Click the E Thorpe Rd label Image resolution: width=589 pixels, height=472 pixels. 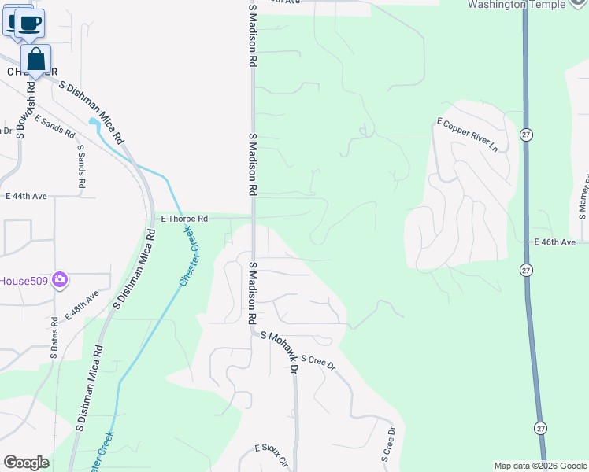coord(184,219)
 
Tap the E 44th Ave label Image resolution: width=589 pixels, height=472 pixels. coord(26,196)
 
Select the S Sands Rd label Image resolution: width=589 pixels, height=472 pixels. coord(80,165)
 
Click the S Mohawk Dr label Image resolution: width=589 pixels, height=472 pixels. coord(280,351)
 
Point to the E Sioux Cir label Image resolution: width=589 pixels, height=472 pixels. coord(272,453)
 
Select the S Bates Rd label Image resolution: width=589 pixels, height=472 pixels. coord(54,338)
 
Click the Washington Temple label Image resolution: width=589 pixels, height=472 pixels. coord(527,5)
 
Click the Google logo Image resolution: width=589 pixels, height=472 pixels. coord(26,463)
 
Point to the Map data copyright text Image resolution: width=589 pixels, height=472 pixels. coord(540,466)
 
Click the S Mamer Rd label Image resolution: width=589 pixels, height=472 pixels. coord(584,196)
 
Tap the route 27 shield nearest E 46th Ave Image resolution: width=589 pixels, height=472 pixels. coord(525,270)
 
